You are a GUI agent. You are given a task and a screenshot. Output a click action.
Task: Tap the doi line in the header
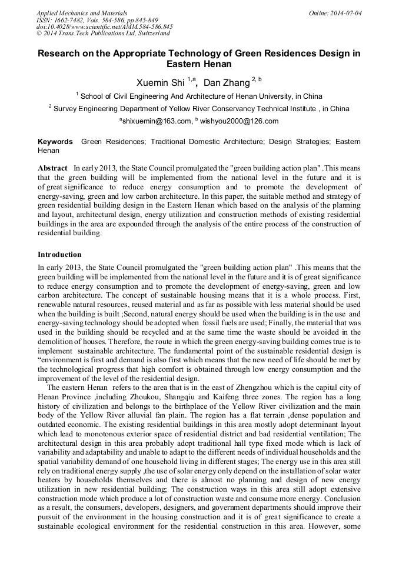tap(105, 27)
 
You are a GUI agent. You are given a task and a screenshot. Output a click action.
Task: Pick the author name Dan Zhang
tap(226, 82)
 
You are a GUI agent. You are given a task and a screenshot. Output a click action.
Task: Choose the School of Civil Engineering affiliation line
tap(201, 96)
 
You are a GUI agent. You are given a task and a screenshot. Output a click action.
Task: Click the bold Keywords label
tap(55, 142)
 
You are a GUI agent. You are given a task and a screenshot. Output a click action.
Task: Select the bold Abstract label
tap(52, 168)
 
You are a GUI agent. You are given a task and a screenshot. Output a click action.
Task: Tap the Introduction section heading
tap(59, 255)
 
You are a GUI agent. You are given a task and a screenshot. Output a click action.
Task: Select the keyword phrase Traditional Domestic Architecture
tap(220, 142)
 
